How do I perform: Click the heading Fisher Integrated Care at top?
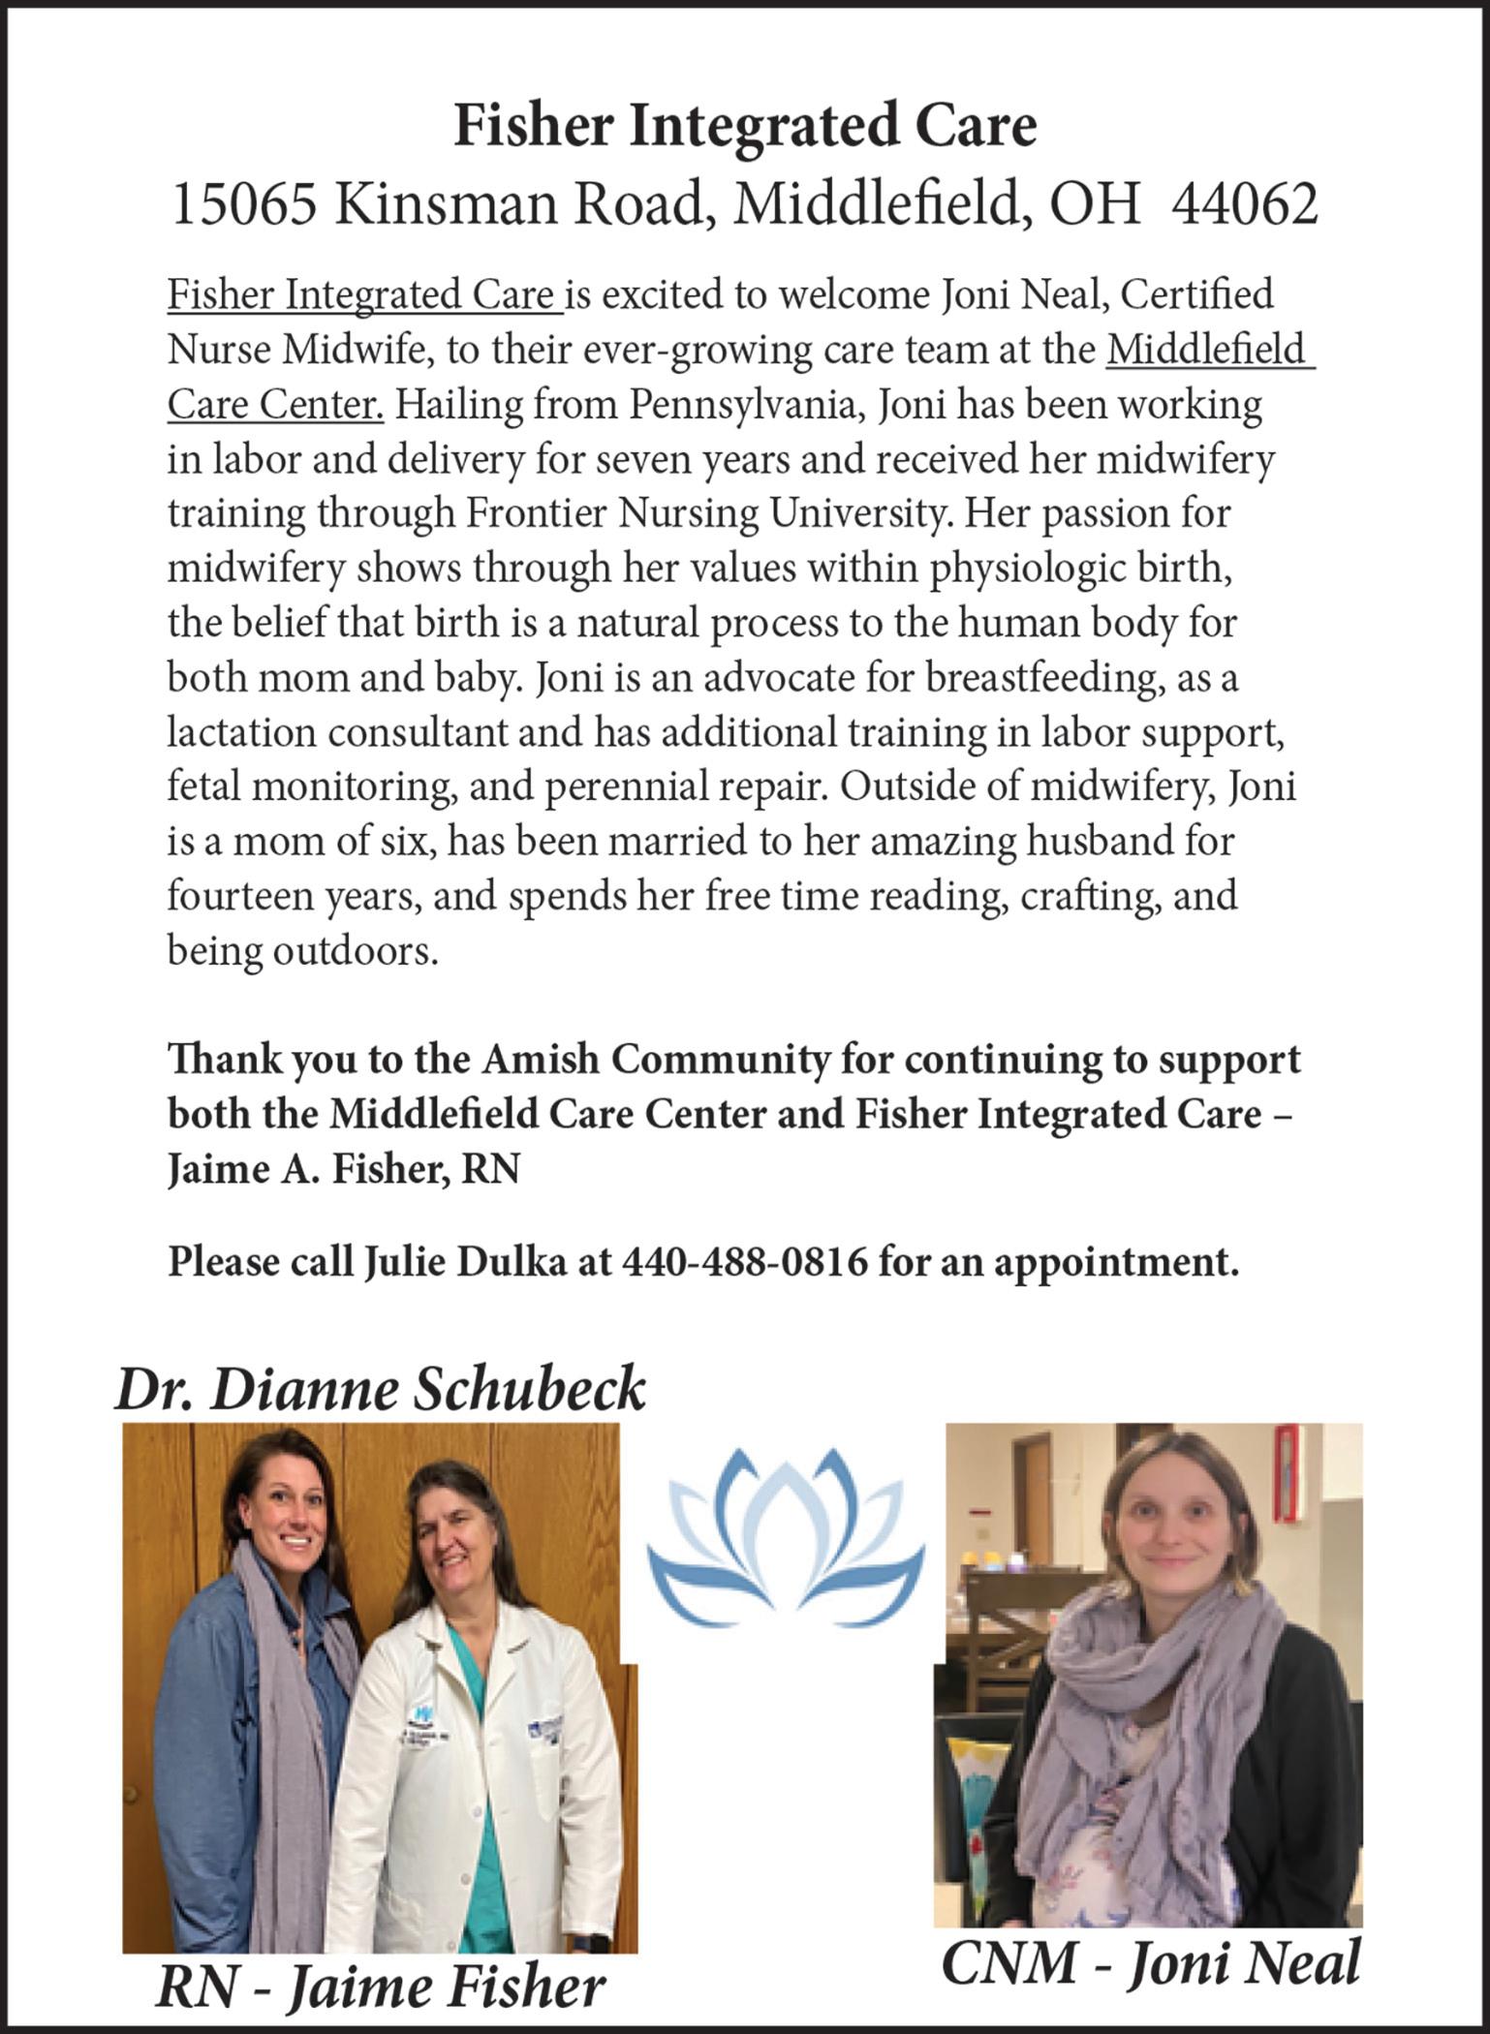(x=745, y=127)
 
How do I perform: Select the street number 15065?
(x=243, y=205)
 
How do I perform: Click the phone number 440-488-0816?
(x=744, y=1262)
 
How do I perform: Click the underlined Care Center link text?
(x=275, y=405)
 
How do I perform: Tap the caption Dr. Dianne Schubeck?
(x=380, y=1390)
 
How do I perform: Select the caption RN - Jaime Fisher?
(x=380, y=1988)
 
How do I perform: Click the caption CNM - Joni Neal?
(x=1150, y=1964)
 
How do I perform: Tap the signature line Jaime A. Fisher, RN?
(x=344, y=1169)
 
